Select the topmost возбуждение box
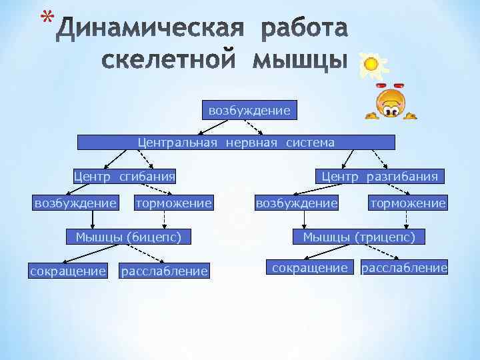[249, 110]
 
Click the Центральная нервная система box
[236, 142]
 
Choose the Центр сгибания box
[124, 177]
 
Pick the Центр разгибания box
[380, 177]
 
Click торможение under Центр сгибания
[173, 202]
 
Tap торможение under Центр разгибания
[407, 202]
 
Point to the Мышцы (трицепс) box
[359, 236]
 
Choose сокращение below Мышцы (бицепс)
[67, 271]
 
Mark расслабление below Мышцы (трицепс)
[404, 268]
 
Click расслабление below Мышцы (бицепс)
[164, 271]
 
